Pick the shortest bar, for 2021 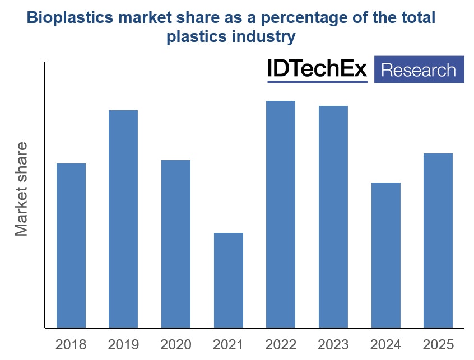(229, 280)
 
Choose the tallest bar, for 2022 (281, 214)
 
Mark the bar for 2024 (386, 255)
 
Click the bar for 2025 (438, 240)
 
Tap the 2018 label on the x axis (71, 344)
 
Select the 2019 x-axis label (123, 344)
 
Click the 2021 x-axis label (229, 344)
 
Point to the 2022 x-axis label (281, 344)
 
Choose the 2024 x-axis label (386, 344)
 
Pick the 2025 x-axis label (438, 344)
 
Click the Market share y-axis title (21, 189)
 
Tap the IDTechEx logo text (317, 69)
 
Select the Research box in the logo (419, 70)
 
